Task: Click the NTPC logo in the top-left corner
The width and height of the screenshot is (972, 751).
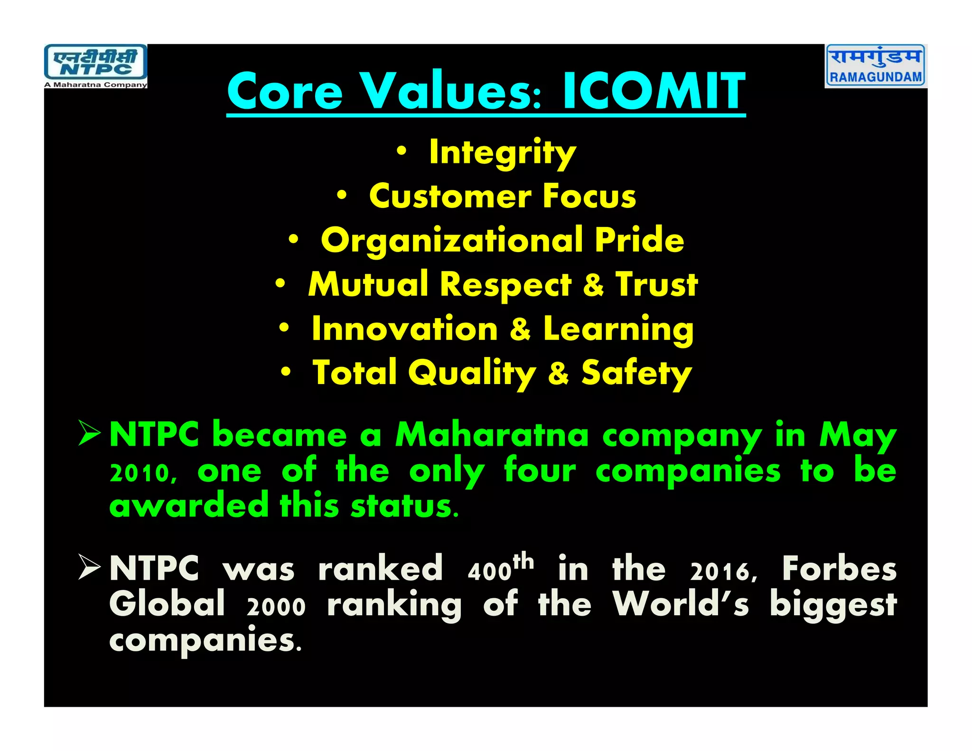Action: click(95, 66)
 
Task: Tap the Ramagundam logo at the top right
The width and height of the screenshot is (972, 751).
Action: click(876, 66)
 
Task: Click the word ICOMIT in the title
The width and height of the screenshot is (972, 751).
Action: click(654, 91)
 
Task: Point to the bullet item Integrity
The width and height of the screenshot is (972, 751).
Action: click(502, 153)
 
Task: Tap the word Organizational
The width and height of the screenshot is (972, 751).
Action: click(451, 241)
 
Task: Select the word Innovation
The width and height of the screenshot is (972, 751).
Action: click(404, 329)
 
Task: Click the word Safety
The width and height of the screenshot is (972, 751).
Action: click(636, 374)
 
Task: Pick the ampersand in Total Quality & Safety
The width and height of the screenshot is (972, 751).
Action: click(558, 374)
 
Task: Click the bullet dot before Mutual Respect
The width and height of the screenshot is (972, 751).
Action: click(280, 284)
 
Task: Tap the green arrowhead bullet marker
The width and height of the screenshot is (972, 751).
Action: click(89, 433)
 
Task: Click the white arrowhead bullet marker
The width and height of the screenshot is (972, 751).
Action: click(89, 567)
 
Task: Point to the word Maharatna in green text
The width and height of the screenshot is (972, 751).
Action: click(492, 435)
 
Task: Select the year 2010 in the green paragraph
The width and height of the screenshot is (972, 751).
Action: click(143, 473)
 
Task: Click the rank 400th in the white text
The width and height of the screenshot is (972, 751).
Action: click(500, 568)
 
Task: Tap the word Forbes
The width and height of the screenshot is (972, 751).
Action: click(839, 568)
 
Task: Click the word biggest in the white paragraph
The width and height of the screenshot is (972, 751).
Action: click(833, 606)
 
